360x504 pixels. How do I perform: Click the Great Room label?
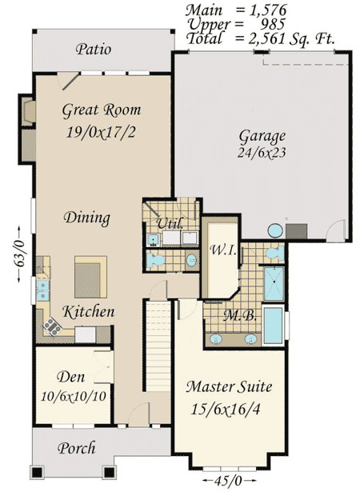point(101,110)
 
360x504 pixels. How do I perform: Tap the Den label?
point(72,378)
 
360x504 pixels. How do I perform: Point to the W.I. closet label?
point(222,251)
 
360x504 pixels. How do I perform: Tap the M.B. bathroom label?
point(240,315)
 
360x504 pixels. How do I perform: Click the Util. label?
point(169,222)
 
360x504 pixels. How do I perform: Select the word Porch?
point(77,448)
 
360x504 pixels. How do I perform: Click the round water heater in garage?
point(274,230)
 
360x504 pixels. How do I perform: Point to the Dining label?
point(86,218)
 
